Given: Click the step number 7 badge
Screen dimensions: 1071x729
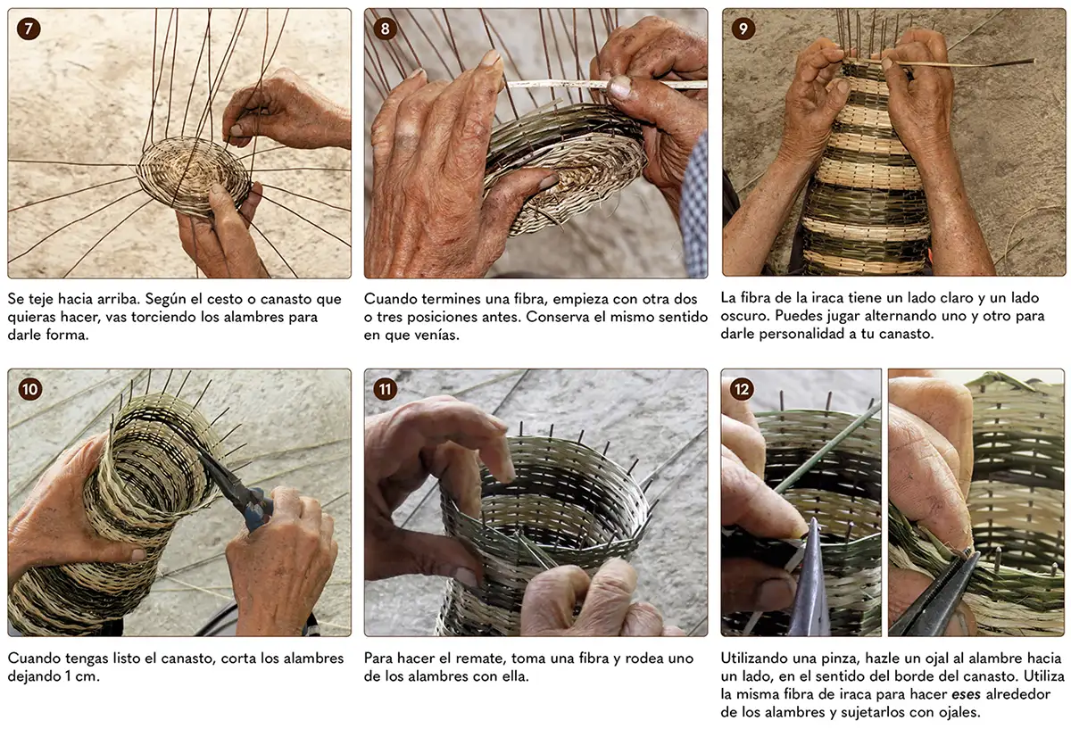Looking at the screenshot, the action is (29, 29).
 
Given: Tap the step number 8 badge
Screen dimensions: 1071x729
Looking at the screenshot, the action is (385, 29).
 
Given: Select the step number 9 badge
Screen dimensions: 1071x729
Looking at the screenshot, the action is (743, 29).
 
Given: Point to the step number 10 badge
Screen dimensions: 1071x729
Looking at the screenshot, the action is (29, 389).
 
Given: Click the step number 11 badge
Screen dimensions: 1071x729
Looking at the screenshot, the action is (386, 389).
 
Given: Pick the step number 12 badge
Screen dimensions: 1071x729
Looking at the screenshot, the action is (742, 389).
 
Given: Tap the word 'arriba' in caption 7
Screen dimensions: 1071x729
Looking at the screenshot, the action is (119, 299).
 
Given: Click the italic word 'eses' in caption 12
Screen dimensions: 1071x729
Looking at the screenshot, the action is (966, 695).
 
